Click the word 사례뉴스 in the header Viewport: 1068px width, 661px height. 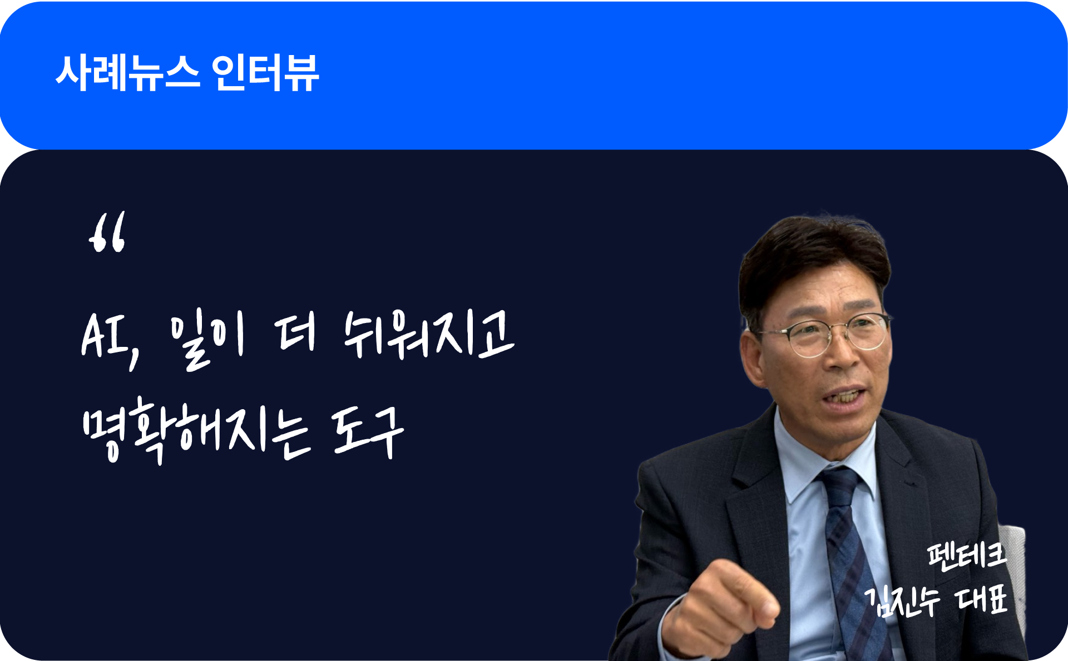point(127,73)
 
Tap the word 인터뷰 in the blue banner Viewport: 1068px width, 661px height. point(265,73)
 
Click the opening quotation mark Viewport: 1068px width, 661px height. point(107,232)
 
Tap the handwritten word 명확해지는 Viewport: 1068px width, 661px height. point(195,430)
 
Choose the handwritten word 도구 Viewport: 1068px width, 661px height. point(367,431)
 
